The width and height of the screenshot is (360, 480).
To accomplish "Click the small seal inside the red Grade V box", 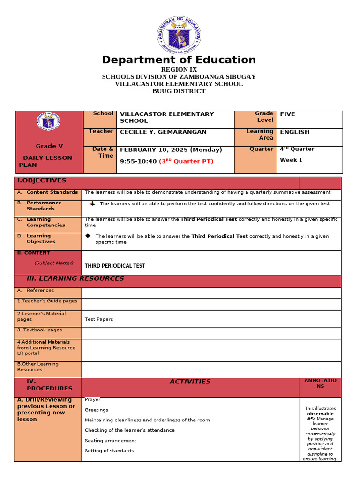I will coord(48,121).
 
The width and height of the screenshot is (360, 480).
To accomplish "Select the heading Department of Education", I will coord(179,60).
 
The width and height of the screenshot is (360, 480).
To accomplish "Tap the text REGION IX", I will coord(179,70).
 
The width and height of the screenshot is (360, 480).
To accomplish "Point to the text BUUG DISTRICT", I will coord(179,91).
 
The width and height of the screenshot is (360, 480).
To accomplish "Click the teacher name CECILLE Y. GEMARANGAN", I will coord(163,132).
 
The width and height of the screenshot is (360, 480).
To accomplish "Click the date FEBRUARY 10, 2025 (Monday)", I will coord(171,150).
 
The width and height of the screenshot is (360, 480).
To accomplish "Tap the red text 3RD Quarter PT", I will coord(186,161).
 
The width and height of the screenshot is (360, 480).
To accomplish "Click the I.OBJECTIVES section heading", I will coord(42,180).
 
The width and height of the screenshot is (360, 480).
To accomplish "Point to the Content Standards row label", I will coord(52,192).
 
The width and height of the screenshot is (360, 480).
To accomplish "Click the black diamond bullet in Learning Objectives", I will coord(88,235).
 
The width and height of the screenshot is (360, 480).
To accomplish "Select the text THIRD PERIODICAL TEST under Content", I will coord(115,266).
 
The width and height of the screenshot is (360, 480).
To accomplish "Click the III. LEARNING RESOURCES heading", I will coord(75,278).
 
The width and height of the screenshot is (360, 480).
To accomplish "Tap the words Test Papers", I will coord(98,319).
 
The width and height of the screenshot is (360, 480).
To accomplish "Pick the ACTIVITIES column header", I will coord(190,382).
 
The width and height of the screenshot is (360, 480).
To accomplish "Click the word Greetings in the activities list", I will coord(97,410).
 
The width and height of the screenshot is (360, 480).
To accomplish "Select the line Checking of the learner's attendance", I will coord(129,430).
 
